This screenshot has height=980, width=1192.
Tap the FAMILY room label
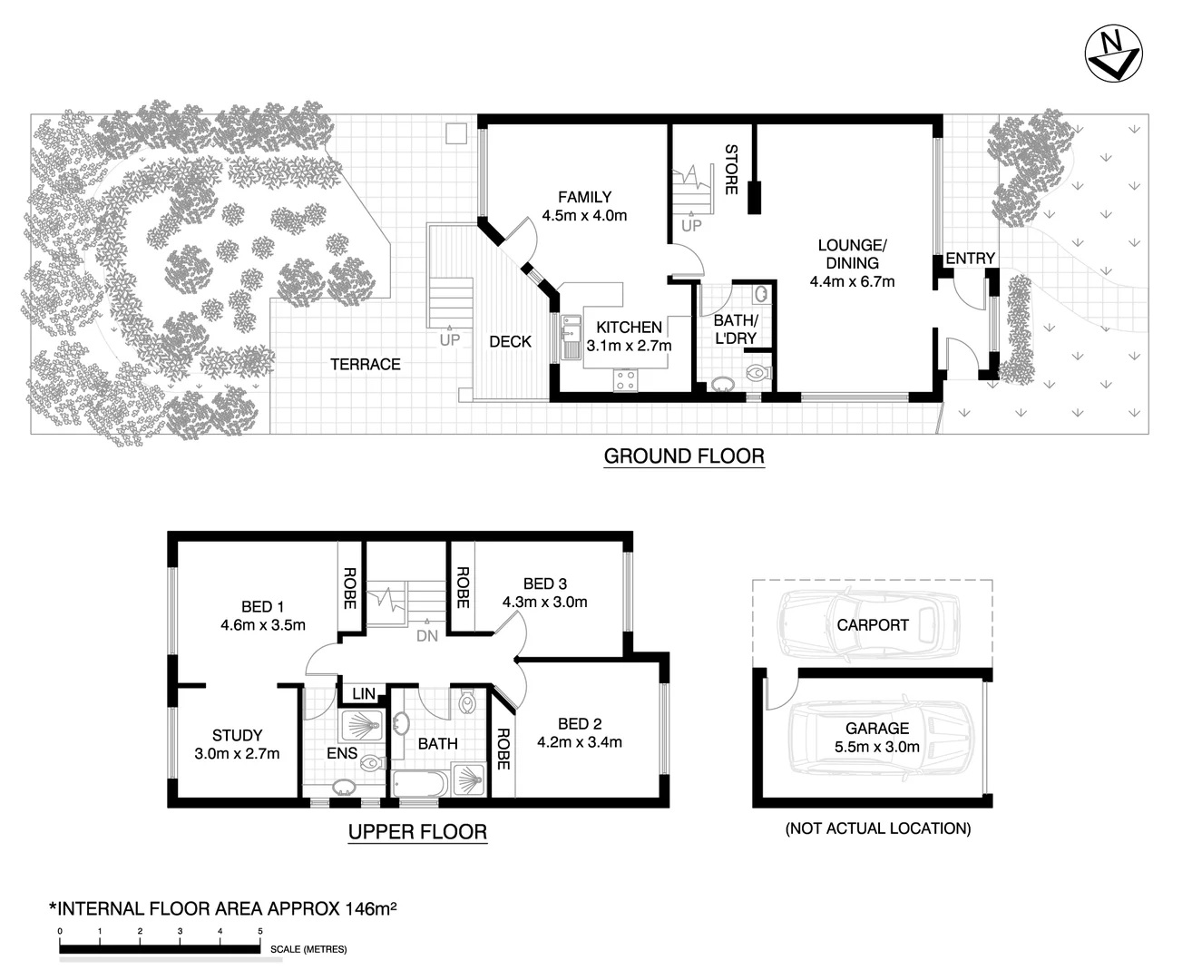(584, 197)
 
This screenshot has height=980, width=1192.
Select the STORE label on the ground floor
(731, 169)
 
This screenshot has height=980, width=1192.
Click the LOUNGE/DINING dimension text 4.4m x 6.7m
(852, 281)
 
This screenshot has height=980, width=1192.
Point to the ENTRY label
(970, 259)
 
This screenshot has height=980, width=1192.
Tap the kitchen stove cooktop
(625, 380)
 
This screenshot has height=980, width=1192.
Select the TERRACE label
(365, 365)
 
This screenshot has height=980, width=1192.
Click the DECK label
(510, 342)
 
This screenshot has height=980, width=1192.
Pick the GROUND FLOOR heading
(684, 456)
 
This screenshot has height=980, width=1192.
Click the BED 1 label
(262, 607)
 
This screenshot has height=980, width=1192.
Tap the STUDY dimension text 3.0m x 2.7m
(237, 754)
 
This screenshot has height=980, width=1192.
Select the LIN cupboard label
(363, 694)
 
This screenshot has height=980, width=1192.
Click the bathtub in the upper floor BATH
(419, 783)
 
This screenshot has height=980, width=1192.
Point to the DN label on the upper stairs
(426, 636)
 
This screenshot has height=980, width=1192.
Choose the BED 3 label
(544, 583)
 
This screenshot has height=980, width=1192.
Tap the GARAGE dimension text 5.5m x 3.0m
(876, 748)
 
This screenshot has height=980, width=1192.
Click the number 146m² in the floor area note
(371, 908)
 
